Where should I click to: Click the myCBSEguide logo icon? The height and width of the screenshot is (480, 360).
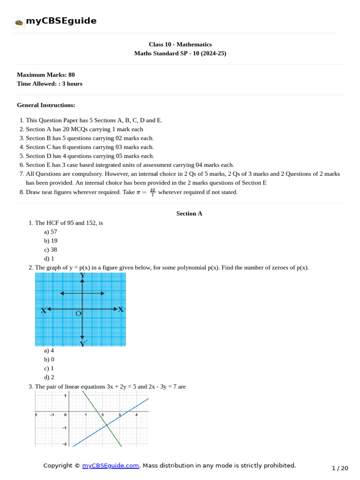(19, 22)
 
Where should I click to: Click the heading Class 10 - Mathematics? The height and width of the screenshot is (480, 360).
(180, 45)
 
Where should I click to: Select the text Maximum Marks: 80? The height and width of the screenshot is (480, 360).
(46, 75)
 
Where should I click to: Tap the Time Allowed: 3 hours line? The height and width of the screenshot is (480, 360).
(50, 83)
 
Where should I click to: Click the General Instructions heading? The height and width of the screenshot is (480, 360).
(46, 105)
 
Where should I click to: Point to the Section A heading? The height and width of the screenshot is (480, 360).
(189, 213)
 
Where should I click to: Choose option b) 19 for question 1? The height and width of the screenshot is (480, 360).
(51, 240)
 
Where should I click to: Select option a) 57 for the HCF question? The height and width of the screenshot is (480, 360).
(51, 232)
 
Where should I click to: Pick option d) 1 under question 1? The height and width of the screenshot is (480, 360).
(49, 258)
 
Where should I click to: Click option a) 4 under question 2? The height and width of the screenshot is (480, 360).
(49, 350)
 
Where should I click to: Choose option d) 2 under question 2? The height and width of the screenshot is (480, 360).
(49, 377)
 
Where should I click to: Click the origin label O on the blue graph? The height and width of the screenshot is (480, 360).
(78, 314)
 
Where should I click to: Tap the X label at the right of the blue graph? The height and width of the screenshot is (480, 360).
(121, 309)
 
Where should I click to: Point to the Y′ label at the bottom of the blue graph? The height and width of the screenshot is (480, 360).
(83, 344)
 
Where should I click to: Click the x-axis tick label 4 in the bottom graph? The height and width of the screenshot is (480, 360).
(136, 415)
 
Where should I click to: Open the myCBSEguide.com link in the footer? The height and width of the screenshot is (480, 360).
(111, 465)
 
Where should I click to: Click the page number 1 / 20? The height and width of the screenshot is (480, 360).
(340, 468)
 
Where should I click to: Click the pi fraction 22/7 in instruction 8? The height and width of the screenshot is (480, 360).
(153, 192)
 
